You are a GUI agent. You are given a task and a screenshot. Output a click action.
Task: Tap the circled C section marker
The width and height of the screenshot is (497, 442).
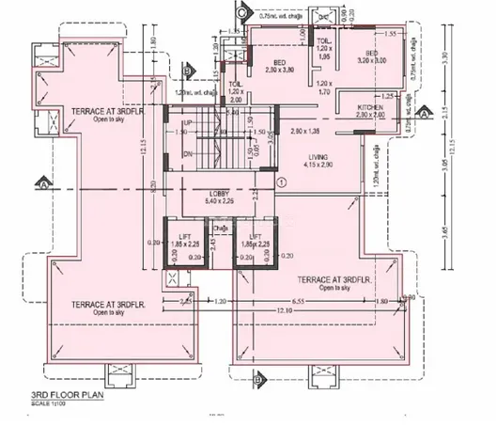(x=241, y=13)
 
